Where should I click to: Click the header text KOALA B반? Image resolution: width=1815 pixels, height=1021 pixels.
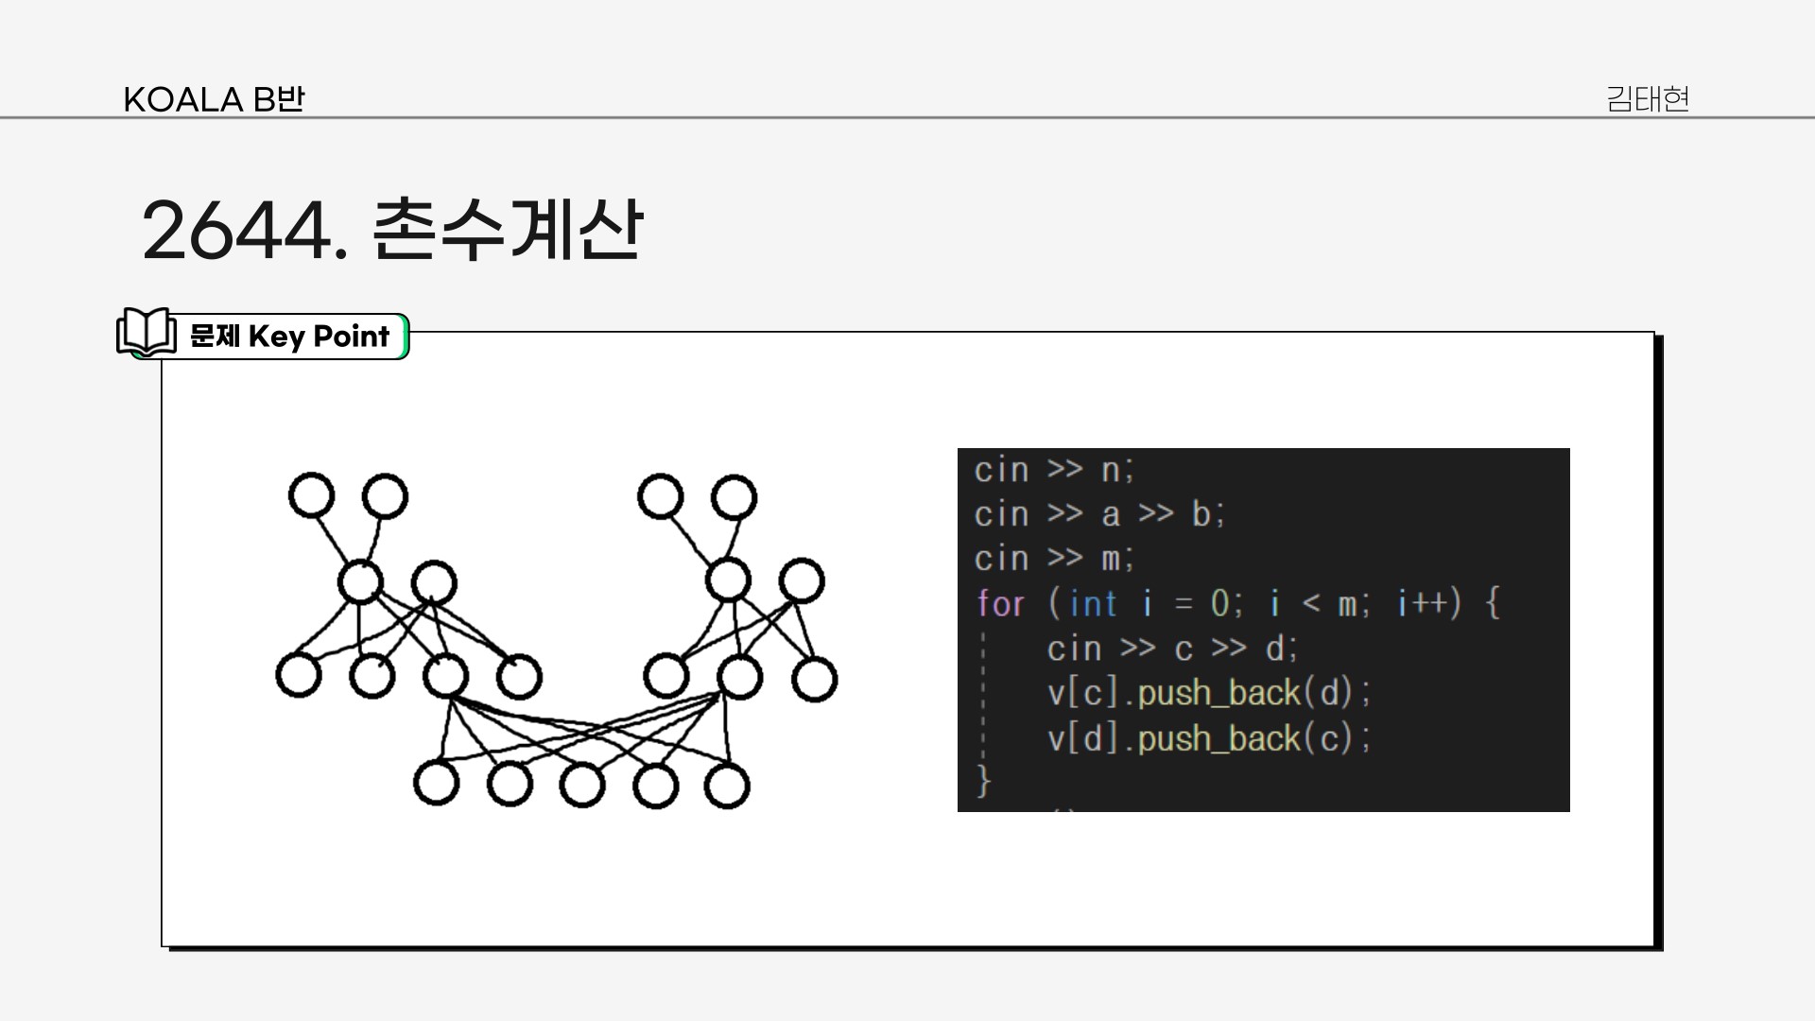tap(214, 99)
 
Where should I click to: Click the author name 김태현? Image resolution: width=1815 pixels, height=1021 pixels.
tap(1647, 99)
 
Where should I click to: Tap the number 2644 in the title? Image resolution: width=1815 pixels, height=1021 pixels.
tap(239, 231)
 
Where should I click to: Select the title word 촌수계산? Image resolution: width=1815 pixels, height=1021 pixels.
tap(508, 230)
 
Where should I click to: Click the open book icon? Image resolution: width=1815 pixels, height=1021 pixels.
tap(147, 333)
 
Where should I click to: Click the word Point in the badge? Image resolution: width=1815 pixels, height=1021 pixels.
tap(351, 337)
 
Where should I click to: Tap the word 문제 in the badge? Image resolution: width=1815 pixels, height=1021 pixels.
tap(215, 337)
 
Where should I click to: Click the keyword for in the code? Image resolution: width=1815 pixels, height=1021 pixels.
tap(1000, 603)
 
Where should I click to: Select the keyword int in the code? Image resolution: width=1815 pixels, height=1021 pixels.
tap(1094, 603)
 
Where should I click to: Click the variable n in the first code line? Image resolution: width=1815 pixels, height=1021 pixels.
tap(1111, 470)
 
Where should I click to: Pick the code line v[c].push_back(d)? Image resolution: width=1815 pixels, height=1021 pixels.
tap(1208, 693)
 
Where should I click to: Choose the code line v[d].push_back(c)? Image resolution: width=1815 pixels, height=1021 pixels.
tap(1208, 738)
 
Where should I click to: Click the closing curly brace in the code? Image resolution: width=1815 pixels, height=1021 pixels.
tap(984, 781)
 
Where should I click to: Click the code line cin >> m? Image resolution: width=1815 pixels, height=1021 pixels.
tap(1053, 559)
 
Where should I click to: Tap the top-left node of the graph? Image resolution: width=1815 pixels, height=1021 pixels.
tap(311, 495)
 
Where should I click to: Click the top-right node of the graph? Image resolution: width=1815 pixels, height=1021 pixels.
tap(734, 498)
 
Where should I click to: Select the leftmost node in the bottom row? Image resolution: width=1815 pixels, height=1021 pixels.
tap(436, 783)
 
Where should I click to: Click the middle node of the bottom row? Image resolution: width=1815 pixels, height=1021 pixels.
tap(582, 786)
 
